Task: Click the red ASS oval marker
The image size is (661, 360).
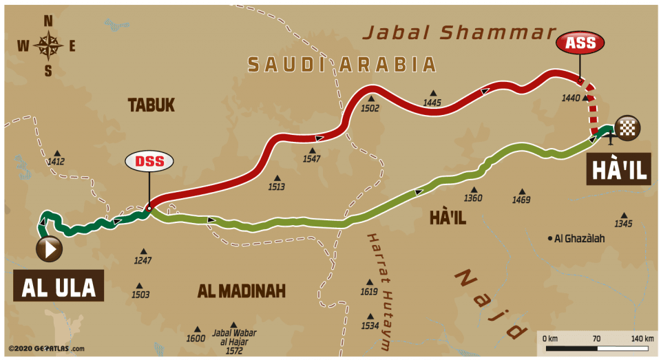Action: click(580, 43)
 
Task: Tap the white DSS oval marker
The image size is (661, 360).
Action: click(149, 162)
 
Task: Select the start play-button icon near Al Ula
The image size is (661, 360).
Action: click(50, 249)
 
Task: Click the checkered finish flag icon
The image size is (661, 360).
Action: click(627, 127)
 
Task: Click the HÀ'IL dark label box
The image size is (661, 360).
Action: click(618, 170)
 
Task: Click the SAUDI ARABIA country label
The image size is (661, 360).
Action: click(342, 65)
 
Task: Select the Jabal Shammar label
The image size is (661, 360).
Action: click(459, 32)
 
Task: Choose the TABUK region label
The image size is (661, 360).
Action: click(151, 105)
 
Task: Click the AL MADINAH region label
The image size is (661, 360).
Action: click(241, 291)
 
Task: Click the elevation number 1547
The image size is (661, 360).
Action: click(311, 159)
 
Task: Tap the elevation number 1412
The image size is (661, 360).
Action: click(56, 162)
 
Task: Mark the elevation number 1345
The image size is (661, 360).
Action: click(623, 224)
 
